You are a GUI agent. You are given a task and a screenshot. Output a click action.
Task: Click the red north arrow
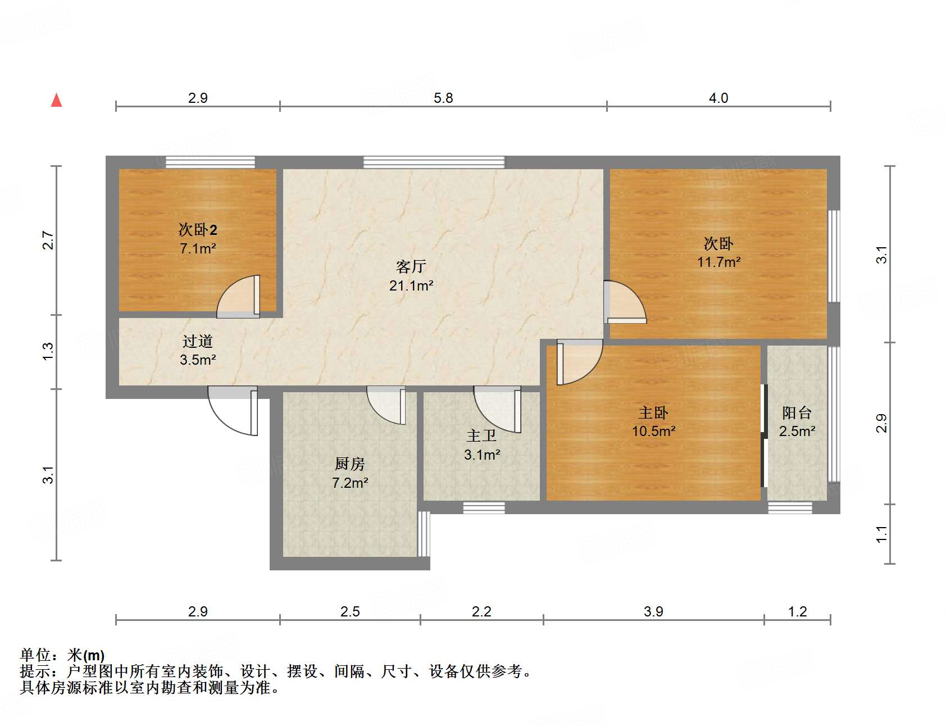(x=56, y=100)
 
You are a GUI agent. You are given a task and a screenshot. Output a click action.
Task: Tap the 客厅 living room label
(x=411, y=266)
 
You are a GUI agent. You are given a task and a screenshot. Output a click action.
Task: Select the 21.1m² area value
(x=411, y=285)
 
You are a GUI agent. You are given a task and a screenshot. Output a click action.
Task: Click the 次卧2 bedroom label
(x=198, y=229)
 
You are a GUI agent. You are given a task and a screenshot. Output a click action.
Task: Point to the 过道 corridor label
(x=198, y=341)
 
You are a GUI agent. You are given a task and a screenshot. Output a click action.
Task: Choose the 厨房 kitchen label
(x=349, y=464)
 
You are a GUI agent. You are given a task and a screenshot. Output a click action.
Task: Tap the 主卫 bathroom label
(x=481, y=435)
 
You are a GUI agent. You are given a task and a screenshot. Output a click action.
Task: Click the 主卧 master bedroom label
(x=653, y=413)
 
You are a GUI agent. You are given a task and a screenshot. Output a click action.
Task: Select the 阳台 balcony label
(x=797, y=413)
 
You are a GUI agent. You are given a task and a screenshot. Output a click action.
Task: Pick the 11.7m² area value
(x=718, y=262)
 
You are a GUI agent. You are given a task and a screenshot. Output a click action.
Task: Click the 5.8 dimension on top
(x=443, y=98)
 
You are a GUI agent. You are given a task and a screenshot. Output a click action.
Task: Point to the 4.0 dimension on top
(x=718, y=98)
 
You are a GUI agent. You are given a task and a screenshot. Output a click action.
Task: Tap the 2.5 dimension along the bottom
(x=349, y=611)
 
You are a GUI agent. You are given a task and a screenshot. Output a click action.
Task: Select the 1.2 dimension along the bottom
(x=797, y=611)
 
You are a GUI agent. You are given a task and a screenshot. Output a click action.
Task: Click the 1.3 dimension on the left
(x=48, y=352)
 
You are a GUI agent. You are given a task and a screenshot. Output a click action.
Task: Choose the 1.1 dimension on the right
(x=881, y=534)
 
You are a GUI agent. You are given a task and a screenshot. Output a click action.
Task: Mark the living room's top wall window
(x=434, y=162)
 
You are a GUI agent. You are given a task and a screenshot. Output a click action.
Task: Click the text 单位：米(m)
(x=62, y=655)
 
